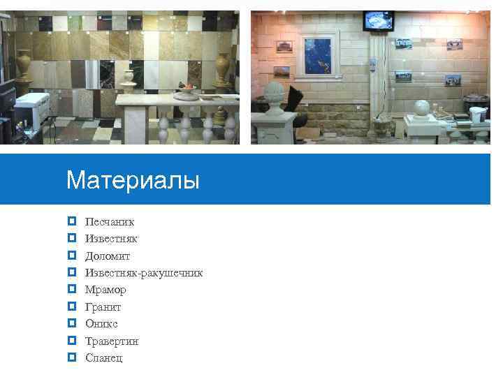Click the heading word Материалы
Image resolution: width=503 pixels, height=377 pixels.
click(x=133, y=181)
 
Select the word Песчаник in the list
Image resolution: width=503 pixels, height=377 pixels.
click(x=110, y=222)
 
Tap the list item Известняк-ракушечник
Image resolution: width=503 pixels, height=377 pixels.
click(x=144, y=273)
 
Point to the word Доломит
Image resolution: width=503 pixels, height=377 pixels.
click(x=108, y=256)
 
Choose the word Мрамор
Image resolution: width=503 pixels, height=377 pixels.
click(x=105, y=290)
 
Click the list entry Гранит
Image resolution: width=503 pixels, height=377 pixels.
click(x=103, y=307)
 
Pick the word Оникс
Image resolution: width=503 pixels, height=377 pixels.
click(x=101, y=324)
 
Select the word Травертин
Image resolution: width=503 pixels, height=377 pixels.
click(x=112, y=341)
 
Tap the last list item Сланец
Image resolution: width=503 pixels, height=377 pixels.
click(x=103, y=358)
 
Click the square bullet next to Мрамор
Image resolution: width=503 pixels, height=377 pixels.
click(x=72, y=290)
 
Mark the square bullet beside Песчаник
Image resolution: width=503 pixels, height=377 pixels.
click(x=72, y=222)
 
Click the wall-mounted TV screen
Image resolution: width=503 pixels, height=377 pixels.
click(x=378, y=21)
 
